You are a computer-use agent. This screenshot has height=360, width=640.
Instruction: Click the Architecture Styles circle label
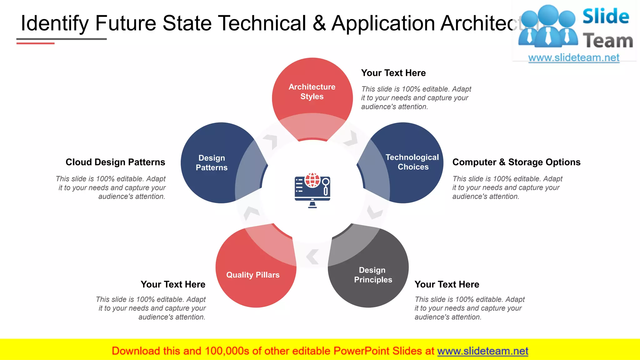[312, 92]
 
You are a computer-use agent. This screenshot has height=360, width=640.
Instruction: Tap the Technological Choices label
[412, 162]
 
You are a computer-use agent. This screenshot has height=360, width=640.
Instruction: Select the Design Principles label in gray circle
[373, 275]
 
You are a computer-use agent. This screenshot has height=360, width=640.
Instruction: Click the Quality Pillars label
[253, 275]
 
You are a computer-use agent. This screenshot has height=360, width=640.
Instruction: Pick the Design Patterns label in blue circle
[212, 162]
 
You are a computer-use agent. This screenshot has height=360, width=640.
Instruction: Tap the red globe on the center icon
[312, 180]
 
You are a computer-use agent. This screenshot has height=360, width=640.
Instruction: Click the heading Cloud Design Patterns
[115, 162]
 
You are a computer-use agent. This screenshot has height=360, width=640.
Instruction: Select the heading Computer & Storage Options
[516, 162]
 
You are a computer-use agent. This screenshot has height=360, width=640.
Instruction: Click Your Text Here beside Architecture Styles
[393, 73]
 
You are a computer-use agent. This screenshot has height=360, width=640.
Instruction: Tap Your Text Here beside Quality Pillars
[173, 284]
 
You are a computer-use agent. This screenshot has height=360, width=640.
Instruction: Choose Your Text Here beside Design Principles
[447, 284]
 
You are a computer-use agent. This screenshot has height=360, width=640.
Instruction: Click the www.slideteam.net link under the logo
[574, 58]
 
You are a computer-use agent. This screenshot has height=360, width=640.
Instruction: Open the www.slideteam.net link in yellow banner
[482, 351]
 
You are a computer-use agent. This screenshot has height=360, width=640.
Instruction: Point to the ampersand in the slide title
[319, 23]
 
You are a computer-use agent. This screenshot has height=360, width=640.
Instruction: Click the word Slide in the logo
[606, 16]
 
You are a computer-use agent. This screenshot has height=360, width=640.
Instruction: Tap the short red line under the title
[35, 43]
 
